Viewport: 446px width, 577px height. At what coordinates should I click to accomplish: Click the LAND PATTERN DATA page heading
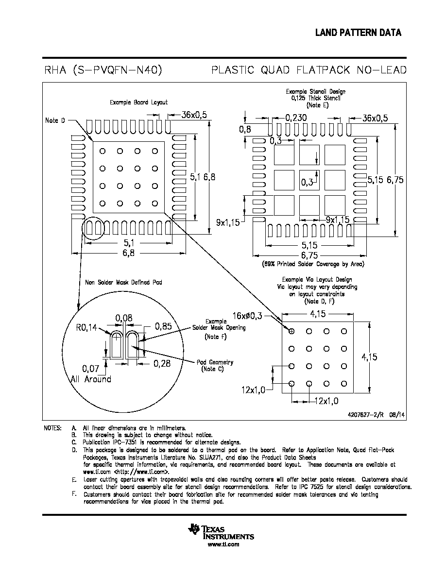358,33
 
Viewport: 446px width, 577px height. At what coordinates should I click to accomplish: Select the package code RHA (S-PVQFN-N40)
103,70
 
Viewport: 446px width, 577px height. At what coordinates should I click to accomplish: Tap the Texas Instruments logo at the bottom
221,531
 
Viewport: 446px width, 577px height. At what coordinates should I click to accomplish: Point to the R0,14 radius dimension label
86,327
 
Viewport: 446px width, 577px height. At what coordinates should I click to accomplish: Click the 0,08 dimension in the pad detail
124,318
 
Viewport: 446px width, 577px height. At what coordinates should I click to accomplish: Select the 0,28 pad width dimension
162,364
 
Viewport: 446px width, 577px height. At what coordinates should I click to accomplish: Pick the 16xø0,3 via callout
247,316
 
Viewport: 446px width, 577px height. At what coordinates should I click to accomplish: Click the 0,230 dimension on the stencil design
296,118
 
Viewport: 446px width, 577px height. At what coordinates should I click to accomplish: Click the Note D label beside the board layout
55,120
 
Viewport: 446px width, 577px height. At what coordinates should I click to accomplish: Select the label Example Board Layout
138,102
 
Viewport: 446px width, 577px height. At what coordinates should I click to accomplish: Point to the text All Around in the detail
91,379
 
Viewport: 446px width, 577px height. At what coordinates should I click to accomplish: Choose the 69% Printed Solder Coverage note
313,264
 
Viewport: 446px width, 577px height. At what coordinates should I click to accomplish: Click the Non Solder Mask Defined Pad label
123,282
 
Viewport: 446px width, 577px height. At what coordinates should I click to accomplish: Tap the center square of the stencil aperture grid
309,180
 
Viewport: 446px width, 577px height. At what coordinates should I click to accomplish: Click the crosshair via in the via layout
292,331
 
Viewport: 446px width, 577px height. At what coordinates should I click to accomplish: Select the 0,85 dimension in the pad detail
163,326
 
